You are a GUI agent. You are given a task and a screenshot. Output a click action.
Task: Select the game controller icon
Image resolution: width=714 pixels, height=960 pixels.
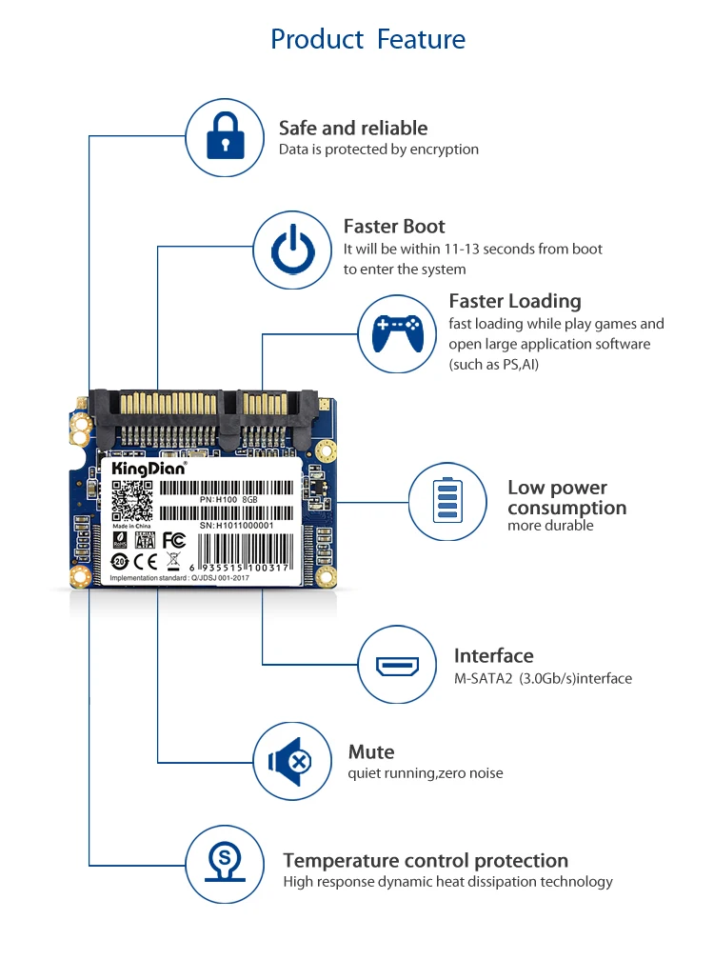(397, 332)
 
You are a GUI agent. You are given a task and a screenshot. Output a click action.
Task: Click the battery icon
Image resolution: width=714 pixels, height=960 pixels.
(446, 500)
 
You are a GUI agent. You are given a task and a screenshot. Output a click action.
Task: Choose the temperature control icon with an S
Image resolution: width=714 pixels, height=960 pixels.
(224, 864)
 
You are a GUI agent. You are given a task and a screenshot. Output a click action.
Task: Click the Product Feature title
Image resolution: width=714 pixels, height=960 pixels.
(367, 39)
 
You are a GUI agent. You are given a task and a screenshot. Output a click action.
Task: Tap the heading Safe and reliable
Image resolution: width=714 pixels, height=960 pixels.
(353, 128)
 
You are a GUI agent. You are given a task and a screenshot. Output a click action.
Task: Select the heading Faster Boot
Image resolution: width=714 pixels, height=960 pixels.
(394, 227)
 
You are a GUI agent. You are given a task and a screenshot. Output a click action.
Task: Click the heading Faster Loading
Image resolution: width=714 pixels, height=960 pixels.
(514, 301)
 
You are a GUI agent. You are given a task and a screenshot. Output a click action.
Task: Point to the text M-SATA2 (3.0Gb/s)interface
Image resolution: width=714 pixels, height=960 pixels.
(543, 679)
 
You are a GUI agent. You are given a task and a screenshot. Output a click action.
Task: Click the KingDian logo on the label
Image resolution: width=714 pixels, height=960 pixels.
(144, 469)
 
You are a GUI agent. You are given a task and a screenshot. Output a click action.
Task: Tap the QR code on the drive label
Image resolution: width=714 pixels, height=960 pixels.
(131, 500)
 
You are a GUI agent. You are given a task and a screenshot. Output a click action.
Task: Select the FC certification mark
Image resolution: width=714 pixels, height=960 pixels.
(173, 540)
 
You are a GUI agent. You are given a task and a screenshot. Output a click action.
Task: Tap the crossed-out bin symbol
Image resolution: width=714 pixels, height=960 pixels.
(172, 559)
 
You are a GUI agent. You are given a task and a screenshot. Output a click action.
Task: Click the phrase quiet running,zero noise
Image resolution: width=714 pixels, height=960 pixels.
(426, 773)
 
